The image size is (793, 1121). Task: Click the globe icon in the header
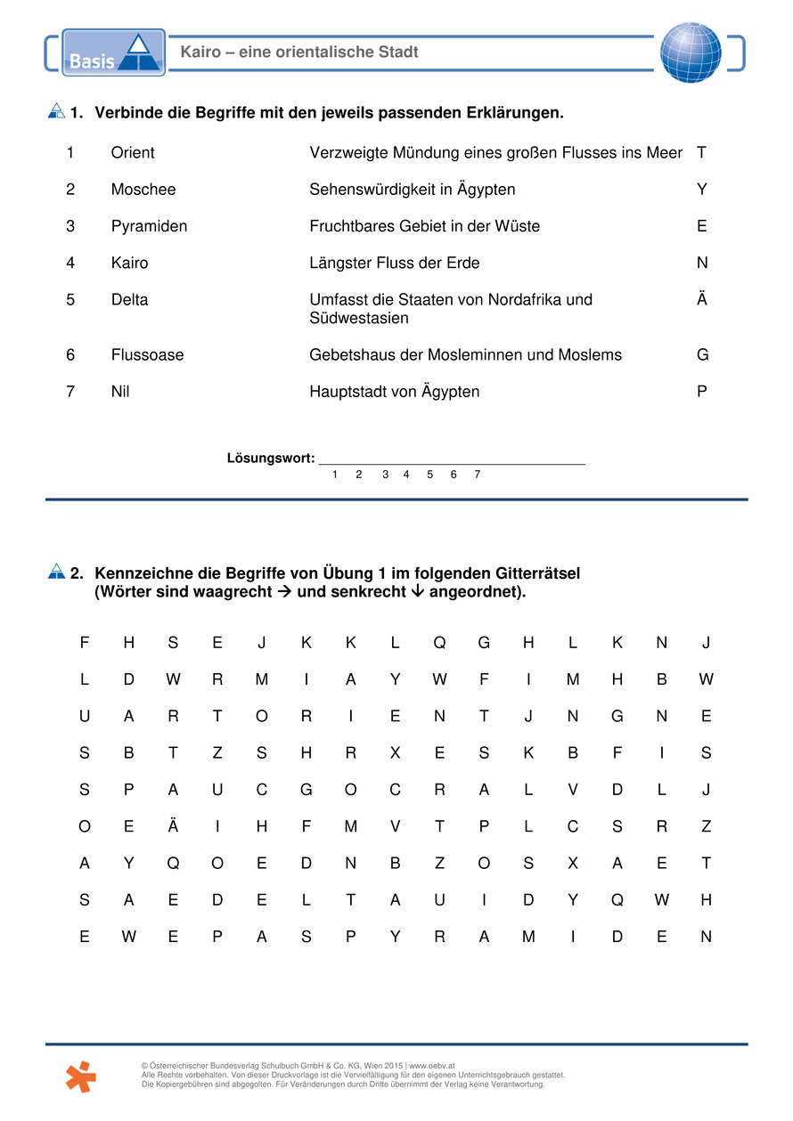tap(691, 53)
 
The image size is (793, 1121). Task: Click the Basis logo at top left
tap(113, 53)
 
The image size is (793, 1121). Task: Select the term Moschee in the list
tap(143, 190)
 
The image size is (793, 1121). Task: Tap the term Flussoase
tap(147, 355)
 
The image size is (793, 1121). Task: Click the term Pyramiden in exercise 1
tap(149, 226)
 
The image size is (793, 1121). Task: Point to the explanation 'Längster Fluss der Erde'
tap(395, 264)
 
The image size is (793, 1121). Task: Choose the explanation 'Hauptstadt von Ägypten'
tap(394, 392)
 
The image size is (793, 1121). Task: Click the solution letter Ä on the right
tap(702, 299)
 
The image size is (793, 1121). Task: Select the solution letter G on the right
tap(702, 355)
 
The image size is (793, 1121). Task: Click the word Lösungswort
tap(271, 459)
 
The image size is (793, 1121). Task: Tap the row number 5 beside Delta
tap(70, 300)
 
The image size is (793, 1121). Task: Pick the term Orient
tap(133, 153)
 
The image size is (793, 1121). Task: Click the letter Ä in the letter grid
tap(173, 826)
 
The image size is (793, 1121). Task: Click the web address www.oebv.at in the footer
tap(432, 1066)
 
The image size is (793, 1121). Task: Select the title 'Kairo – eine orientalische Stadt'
tap(299, 53)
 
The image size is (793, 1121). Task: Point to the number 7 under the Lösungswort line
tap(477, 475)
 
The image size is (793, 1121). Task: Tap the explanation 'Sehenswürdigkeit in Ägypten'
tap(412, 190)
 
